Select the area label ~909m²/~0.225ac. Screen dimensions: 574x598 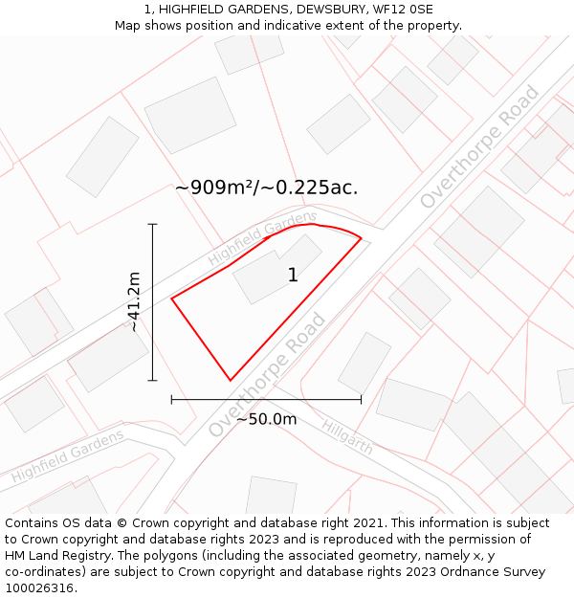[266, 188]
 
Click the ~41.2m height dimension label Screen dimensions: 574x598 [135, 301]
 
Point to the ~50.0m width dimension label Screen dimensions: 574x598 [266, 419]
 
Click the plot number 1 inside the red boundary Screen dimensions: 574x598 [293, 276]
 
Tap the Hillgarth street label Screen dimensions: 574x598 [346, 436]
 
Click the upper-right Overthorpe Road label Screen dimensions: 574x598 [480, 146]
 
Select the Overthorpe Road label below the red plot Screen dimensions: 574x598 [267, 375]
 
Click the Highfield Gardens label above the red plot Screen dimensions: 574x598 [262, 239]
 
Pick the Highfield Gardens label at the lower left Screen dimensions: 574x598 [68, 456]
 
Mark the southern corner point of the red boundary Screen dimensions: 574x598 [230, 381]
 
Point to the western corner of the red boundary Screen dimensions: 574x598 [172, 299]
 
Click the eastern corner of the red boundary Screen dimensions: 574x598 [362, 237]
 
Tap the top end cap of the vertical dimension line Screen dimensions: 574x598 [152, 224]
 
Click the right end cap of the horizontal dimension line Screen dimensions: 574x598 [361, 399]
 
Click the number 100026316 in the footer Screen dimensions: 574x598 [40, 588]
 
